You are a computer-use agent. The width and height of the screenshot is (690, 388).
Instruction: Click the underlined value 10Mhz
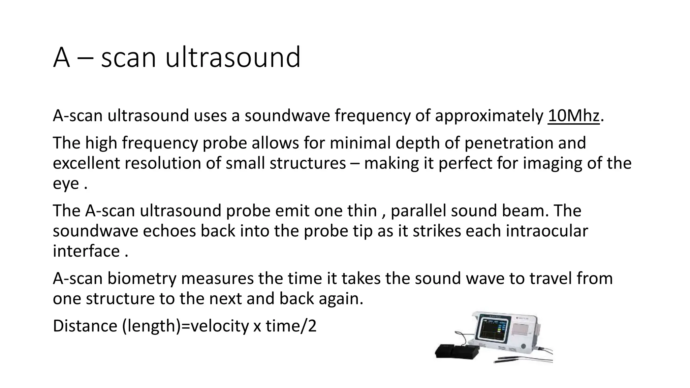[573, 116]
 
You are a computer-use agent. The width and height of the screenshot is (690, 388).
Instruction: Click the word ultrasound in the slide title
[232, 57]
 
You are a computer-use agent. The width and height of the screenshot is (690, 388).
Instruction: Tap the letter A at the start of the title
[61, 58]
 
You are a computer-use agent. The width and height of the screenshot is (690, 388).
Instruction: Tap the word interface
[86, 251]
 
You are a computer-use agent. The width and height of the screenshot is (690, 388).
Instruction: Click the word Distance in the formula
[85, 326]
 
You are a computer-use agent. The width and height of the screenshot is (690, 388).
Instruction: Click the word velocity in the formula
[219, 326]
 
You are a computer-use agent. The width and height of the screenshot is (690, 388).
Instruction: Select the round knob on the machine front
[523, 347]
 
